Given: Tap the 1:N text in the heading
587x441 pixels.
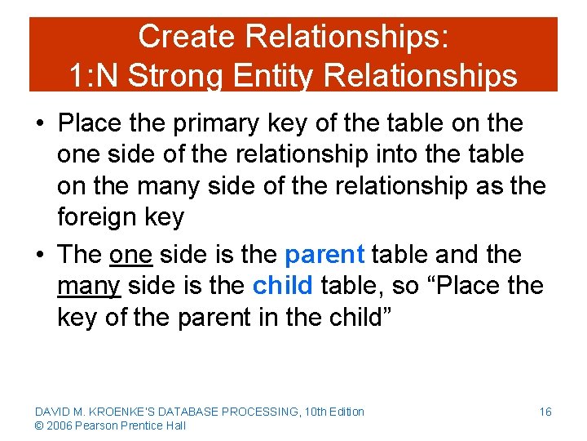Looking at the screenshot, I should (95, 76).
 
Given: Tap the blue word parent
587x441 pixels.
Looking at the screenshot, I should (324, 255).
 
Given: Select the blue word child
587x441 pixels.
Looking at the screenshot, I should (283, 286).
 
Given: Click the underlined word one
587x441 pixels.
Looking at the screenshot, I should (130, 255).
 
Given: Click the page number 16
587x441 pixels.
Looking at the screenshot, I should (545, 412).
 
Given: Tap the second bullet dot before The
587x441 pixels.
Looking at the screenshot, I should (39, 256).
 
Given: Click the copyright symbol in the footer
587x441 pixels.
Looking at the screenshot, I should (39, 425).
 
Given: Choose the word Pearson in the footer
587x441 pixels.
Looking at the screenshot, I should (98, 425).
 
